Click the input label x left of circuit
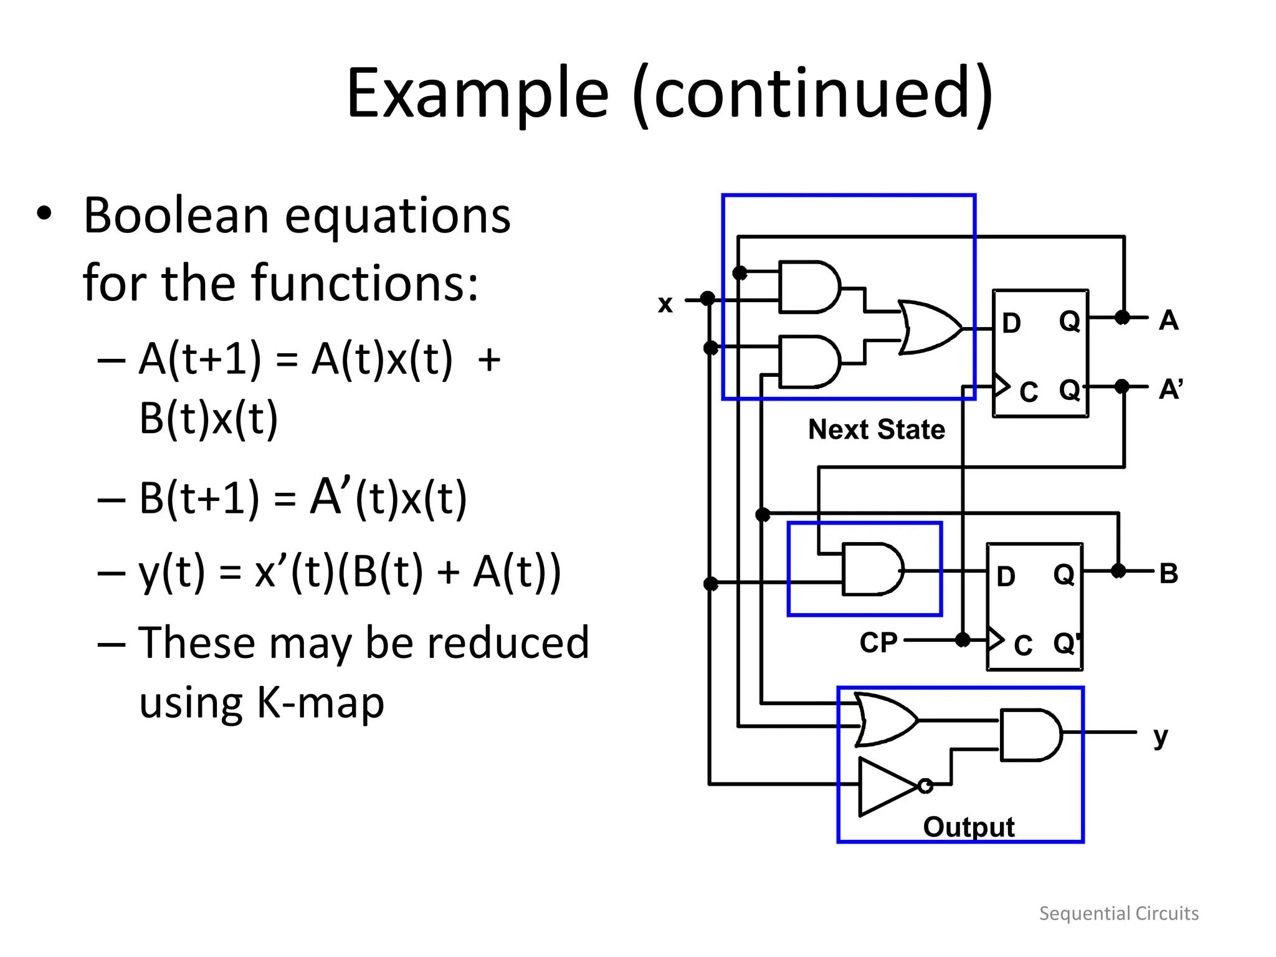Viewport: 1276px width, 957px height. tap(665, 303)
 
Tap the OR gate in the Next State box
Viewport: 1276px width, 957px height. tap(928, 328)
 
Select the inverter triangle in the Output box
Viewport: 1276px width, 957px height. tap(885, 786)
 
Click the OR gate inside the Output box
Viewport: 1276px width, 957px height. tap(885, 720)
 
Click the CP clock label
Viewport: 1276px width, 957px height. tap(878, 642)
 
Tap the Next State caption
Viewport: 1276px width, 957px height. tap(876, 429)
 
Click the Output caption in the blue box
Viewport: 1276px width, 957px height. tap(968, 827)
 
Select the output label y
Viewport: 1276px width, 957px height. tap(1160, 737)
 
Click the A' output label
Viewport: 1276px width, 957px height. tap(1170, 389)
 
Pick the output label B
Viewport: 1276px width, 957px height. tap(1169, 573)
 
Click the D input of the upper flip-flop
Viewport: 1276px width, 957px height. tap(1011, 323)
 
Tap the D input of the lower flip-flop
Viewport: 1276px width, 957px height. tap(1006, 576)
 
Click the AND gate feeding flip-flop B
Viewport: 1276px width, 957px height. tap(871, 569)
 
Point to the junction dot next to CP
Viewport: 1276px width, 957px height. tap(963, 640)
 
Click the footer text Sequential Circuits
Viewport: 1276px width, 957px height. tap(1118, 913)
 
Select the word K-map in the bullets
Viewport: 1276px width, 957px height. tap(320, 703)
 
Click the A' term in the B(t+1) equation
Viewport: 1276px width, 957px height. tap(330, 497)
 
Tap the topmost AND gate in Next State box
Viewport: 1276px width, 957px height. tap(809, 287)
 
